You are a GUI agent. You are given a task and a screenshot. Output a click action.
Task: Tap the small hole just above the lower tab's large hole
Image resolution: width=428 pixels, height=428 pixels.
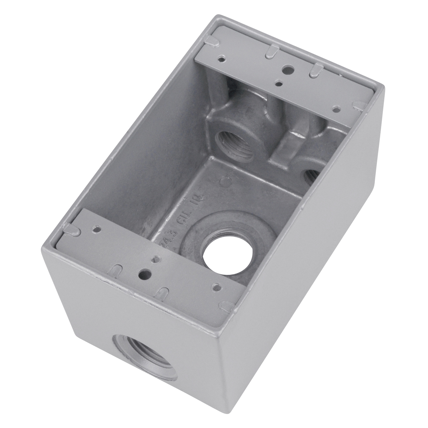pyautogui.click(x=155, y=259)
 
